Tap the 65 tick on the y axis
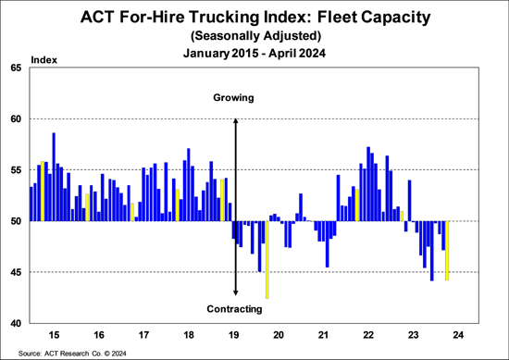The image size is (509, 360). point(17,68)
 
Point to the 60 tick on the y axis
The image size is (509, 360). point(17,118)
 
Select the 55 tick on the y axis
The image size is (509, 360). point(17,169)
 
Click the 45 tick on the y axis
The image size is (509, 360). point(17,272)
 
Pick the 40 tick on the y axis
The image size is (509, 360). point(17,323)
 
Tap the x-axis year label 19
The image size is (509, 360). point(234,334)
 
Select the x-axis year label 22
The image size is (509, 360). point(369,334)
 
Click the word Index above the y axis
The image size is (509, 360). point(44,59)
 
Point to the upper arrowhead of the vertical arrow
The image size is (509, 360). point(236,121)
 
